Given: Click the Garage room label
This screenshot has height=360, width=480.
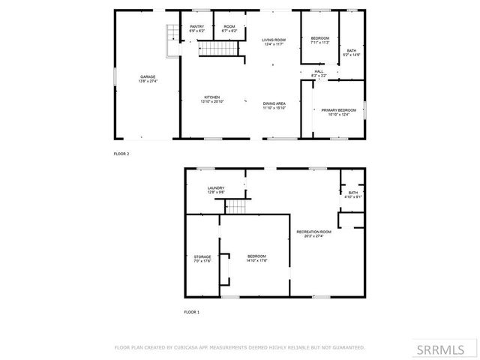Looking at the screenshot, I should pos(147,78).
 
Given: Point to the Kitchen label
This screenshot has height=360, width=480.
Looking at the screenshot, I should pos(212,99).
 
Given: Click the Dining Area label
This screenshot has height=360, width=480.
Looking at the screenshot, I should pos(274,106).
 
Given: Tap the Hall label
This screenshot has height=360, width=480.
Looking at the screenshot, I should pos(319,73).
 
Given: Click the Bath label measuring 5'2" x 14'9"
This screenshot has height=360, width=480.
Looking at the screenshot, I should pos(351,52).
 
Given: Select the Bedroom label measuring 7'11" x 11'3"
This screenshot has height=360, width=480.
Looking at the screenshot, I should pos(319,40).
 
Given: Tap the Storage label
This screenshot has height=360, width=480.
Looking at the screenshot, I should pos(202,259).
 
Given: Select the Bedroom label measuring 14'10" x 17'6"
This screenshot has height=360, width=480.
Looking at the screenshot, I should pos(256,259).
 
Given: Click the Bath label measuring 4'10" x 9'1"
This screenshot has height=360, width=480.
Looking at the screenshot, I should pos(353,195).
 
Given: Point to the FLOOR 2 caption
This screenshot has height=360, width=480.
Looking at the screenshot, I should pos(121,153).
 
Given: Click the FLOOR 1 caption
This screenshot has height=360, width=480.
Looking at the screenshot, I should pos(193,310).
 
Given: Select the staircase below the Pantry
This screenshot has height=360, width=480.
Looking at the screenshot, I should pos(217,49).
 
